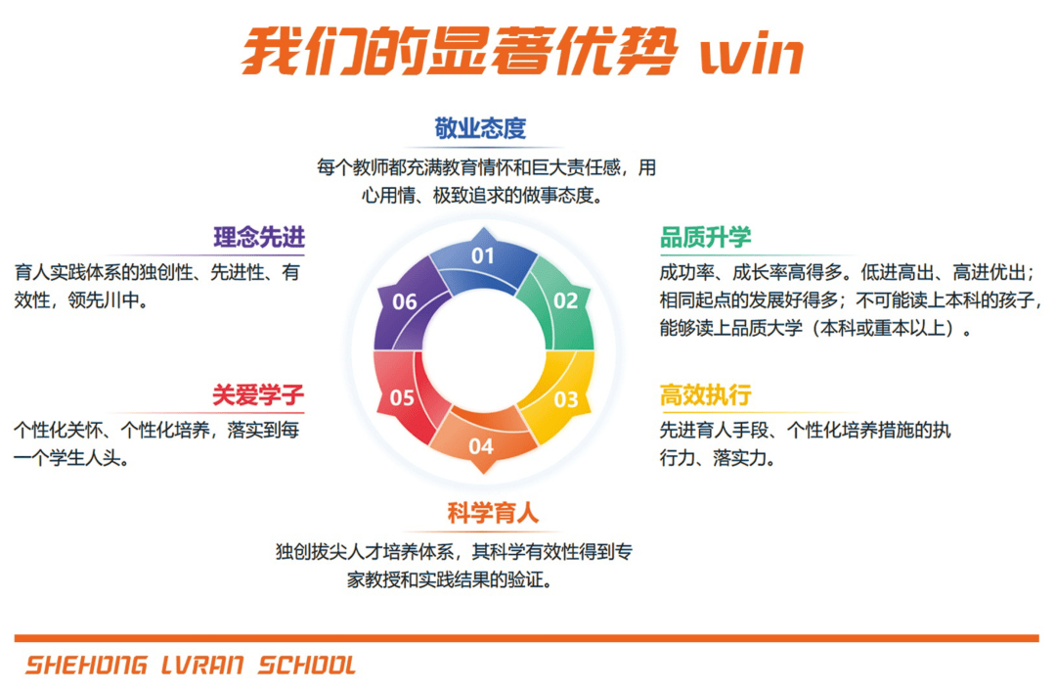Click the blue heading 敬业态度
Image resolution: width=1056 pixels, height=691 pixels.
[480, 128]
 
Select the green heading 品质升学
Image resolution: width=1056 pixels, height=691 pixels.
[705, 237]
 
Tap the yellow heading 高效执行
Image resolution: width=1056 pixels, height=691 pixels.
[705, 395]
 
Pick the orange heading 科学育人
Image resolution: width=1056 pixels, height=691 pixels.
[493, 513]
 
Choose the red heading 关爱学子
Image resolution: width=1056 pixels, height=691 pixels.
[258, 395]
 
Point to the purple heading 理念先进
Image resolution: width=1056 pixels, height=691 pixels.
[259, 237]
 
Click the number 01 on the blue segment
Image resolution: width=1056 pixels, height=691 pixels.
[483, 256]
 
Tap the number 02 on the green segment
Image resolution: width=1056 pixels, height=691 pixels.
[566, 300]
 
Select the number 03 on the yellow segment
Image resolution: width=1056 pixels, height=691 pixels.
[566, 399]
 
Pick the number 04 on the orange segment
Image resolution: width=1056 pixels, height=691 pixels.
[481, 446]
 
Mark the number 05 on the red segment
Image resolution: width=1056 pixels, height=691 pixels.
[402, 397]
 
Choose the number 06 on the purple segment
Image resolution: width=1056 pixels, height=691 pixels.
[405, 302]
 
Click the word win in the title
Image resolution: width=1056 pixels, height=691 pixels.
[752, 54]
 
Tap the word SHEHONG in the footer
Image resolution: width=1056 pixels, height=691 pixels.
[86, 666]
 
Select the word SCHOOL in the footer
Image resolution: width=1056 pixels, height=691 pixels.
[307, 666]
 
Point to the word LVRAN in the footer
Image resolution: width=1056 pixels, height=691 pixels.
[202, 666]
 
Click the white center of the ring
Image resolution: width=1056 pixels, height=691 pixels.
[484, 350]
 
